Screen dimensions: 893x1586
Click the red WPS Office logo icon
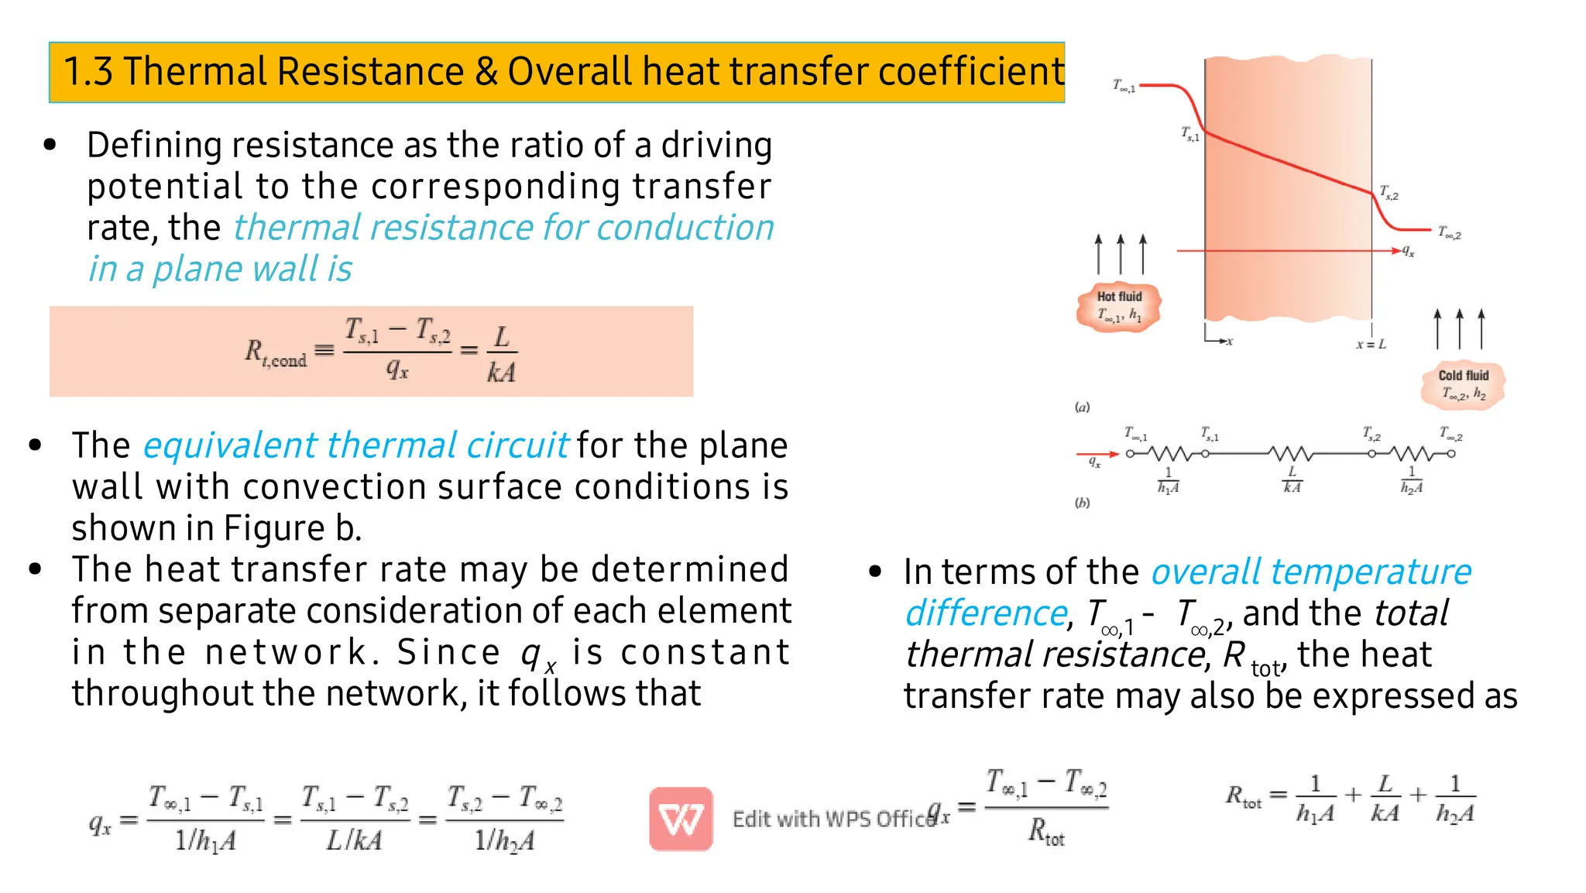(x=681, y=819)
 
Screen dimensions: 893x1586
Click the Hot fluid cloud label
(x=1119, y=306)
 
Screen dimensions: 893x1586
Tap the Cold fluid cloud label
(x=1463, y=385)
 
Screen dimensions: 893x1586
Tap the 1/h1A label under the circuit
(x=1168, y=481)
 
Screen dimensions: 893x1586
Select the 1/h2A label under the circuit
(x=1411, y=481)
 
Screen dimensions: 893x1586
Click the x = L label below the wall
(x=1371, y=344)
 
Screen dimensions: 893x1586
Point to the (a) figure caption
(x=1082, y=407)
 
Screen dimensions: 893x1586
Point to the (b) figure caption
(x=1082, y=503)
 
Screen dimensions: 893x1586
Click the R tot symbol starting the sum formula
(x=1243, y=796)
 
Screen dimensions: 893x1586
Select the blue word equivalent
(x=229, y=445)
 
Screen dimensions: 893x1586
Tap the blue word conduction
(x=685, y=228)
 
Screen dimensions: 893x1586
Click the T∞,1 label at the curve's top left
(x=1124, y=86)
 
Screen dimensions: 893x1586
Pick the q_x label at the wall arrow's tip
(x=1408, y=251)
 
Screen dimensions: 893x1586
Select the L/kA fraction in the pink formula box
(x=501, y=354)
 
